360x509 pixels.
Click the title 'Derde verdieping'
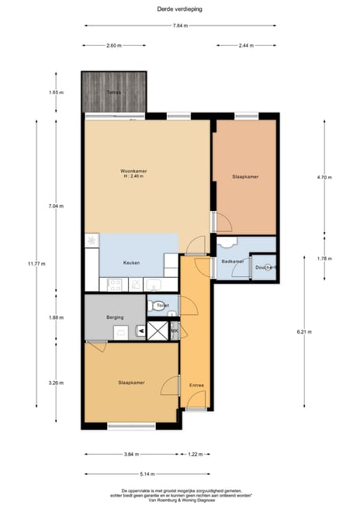pos(179,9)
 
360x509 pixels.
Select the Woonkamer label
pos(133,171)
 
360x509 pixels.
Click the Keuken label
pos(131,263)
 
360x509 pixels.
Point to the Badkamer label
pos(232,261)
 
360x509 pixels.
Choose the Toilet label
pos(162,306)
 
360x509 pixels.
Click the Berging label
pos(115,317)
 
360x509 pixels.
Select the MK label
pos(175,331)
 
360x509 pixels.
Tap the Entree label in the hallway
pos(196,385)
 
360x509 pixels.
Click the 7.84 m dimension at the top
pos(179,26)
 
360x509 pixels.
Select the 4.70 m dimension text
pos(324,178)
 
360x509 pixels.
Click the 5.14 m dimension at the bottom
pos(147,473)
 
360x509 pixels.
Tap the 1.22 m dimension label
pos(196,455)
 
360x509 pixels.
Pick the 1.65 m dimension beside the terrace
pos(56,92)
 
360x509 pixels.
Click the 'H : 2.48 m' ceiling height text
pos(133,176)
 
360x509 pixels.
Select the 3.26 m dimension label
pos(56,383)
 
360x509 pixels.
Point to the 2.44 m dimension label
pos(246,46)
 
